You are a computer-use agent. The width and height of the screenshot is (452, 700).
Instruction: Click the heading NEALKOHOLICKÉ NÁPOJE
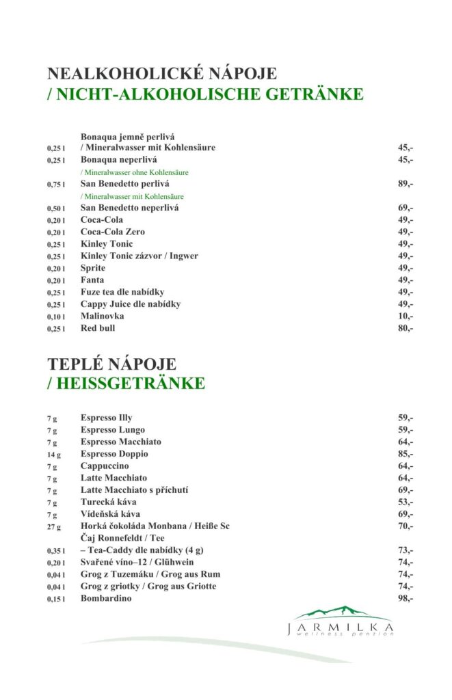(x=162, y=74)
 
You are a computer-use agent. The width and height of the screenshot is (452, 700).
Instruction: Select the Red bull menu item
(x=98, y=328)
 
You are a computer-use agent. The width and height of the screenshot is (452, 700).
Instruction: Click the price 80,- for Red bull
(x=406, y=328)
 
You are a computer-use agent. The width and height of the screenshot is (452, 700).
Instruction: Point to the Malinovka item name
(x=102, y=317)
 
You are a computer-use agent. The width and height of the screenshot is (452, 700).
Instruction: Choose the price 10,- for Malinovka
(x=406, y=317)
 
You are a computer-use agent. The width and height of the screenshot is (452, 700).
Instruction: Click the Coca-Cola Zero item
(x=113, y=232)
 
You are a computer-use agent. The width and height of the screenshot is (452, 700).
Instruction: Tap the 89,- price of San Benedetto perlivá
(x=406, y=184)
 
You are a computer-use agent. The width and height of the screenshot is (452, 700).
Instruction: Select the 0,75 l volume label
(x=56, y=185)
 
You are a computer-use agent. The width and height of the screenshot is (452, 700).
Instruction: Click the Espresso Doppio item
(x=114, y=454)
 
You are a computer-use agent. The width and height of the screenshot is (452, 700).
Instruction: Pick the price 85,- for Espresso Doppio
(x=406, y=454)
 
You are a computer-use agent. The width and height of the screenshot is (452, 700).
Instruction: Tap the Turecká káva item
(x=109, y=502)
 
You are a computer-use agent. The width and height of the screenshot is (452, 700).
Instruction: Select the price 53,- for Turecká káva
(x=406, y=502)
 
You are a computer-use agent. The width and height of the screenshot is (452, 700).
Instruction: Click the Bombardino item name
(x=106, y=598)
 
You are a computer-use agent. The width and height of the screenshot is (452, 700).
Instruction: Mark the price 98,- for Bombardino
(x=406, y=598)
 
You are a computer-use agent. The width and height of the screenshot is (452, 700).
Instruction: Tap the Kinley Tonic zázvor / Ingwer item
(x=139, y=256)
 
